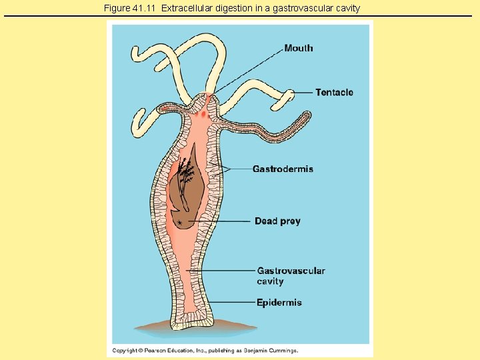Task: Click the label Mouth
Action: point(298,48)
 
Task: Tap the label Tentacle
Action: point(334,93)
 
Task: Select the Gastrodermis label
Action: point(283,169)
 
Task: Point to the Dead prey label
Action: point(277,221)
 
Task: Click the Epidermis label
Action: point(279,303)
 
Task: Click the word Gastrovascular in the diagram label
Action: point(291,271)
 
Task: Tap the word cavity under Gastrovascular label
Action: point(271,281)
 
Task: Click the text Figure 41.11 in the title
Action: point(131,8)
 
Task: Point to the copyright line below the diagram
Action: point(205,351)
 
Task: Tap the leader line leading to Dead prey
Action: point(220,221)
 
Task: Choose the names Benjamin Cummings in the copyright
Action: point(273,351)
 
